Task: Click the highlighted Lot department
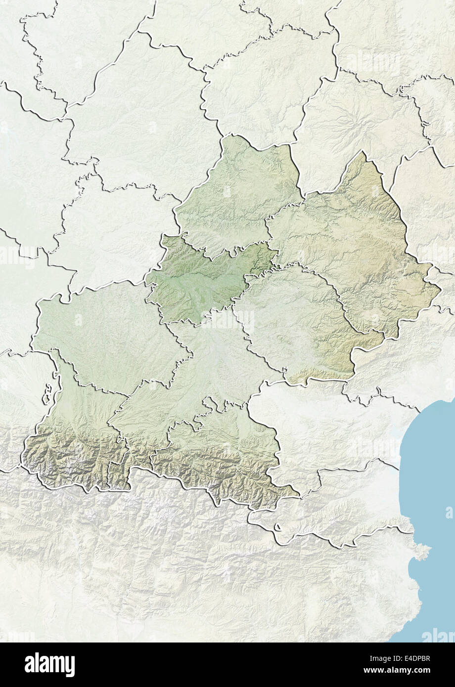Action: tap(237, 193)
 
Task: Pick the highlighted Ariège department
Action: tap(223, 455)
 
